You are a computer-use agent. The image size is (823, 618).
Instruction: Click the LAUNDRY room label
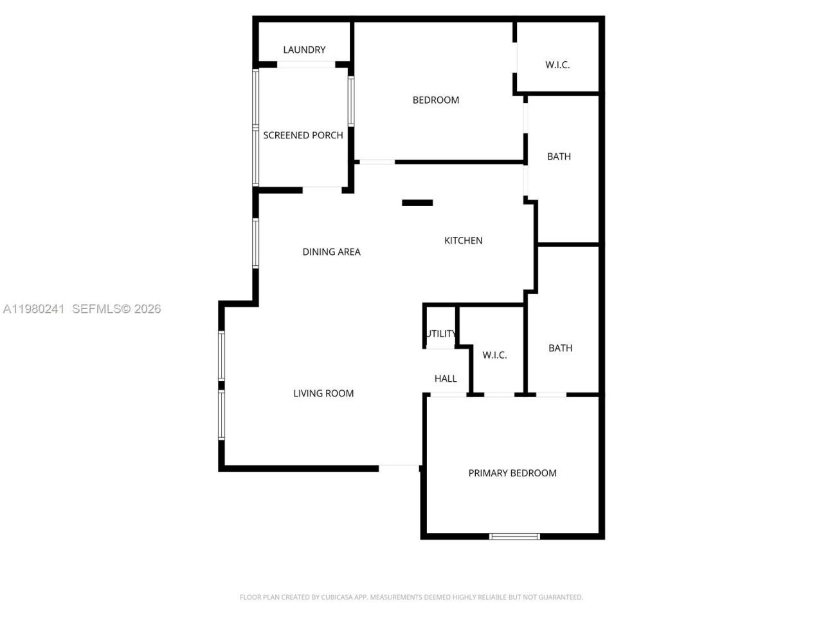click(x=304, y=50)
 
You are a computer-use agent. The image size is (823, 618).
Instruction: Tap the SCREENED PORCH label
click(x=303, y=135)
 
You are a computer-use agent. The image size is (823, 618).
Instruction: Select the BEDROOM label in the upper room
click(x=435, y=100)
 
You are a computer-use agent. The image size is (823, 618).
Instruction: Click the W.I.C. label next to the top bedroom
click(x=557, y=64)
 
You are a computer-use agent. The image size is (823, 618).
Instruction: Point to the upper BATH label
click(x=559, y=156)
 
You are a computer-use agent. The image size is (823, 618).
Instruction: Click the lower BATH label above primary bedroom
click(x=560, y=348)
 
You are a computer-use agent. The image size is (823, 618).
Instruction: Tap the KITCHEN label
click(x=463, y=240)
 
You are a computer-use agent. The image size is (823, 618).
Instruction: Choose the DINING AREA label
click(x=331, y=252)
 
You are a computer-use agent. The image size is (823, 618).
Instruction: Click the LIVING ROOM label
click(x=323, y=393)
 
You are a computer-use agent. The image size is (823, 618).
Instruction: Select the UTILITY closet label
click(x=442, y=333)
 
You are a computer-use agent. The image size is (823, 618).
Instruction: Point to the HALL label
click(x=446, y=379)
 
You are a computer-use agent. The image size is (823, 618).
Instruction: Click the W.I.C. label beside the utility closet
click(x=494, y=355)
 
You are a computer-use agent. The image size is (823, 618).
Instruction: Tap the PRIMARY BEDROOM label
click(x=512, y=473)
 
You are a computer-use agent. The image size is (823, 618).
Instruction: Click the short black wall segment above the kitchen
click(x=417, y=203)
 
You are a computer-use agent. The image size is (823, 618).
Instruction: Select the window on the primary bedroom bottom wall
click(x=514, y=536)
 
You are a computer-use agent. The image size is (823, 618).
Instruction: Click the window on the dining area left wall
click(x=255, y=243)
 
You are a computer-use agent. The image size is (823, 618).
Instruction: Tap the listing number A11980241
click(x=33, y=309)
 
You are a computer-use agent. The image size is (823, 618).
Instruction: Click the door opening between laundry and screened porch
click(x=306, y=64)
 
